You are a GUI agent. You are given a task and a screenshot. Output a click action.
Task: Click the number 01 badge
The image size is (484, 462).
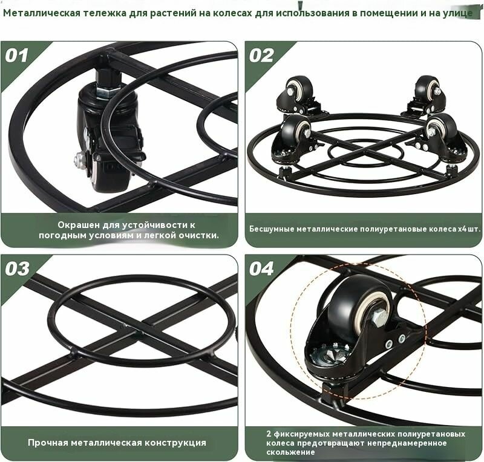coord(17,56)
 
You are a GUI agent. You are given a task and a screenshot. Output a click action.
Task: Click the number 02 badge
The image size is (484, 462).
coord(261,56)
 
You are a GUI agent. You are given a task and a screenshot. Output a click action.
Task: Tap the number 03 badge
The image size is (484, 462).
coord(18,269)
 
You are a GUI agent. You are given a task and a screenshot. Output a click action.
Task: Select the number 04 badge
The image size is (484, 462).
coord(261,269)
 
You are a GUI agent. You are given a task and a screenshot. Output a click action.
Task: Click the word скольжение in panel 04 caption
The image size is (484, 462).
coord(291,452)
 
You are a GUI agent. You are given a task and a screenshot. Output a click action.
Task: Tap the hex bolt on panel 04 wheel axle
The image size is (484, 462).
coord(378,317)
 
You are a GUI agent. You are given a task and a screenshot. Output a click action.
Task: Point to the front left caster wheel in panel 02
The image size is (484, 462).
coord(296,131)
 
